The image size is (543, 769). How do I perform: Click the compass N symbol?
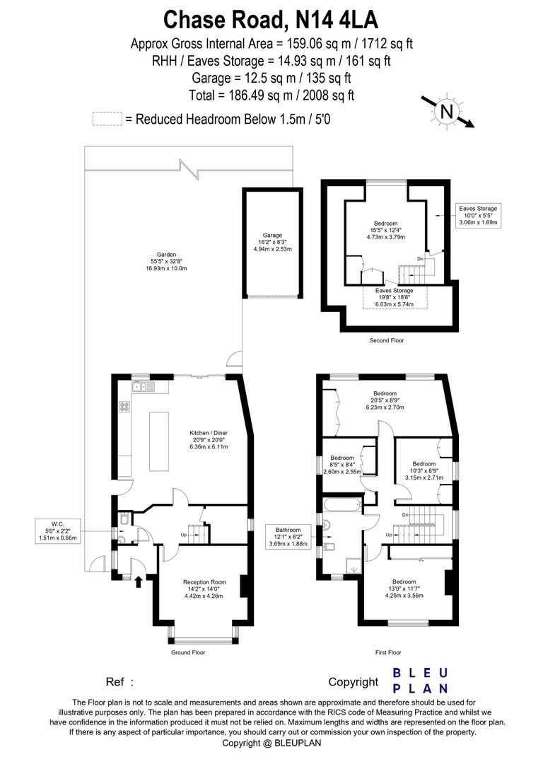(445, 111)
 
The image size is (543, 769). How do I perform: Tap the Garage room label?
(272, 242)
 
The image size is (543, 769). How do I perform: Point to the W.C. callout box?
(60, 531)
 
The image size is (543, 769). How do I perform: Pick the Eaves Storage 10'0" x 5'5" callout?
(478, 215)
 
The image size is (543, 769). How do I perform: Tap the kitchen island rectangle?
(159, 443)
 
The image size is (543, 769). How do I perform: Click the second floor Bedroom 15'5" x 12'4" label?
(386, 230)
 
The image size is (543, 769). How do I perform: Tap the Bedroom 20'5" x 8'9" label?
(385, 400)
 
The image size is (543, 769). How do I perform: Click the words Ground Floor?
(189, 652)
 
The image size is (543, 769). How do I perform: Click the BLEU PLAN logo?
(420, 681)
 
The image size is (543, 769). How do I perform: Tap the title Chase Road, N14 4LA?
(271, 18)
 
